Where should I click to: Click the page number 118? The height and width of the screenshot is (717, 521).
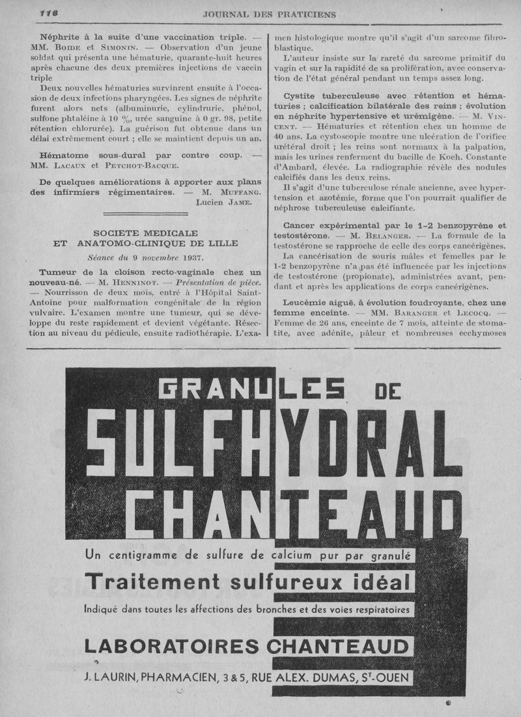point(49,13)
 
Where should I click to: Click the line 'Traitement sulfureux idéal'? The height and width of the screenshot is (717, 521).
point(247,582)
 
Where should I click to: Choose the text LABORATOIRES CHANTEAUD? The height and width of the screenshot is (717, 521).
point(247,646)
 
